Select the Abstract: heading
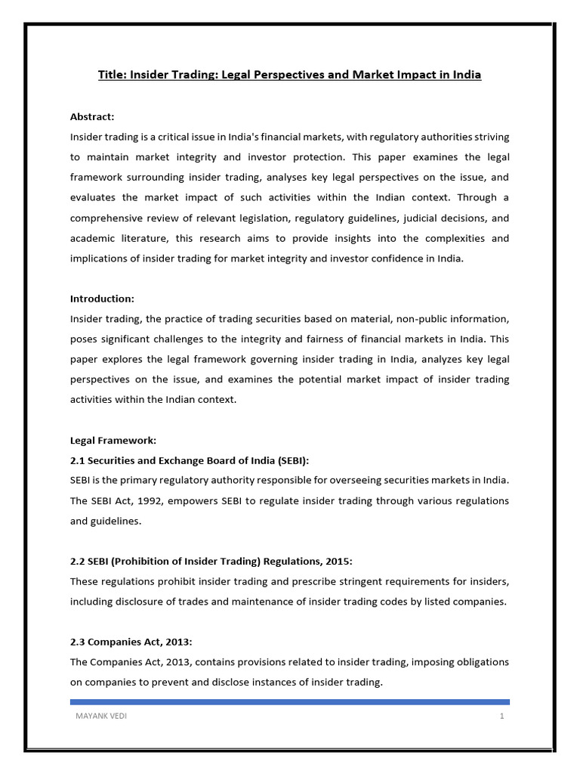(92, 116)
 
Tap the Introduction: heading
(102, 299)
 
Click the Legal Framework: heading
(113, 440)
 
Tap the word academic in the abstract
(93, 238)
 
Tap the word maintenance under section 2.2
(248, 602)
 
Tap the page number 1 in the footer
(501, 717)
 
